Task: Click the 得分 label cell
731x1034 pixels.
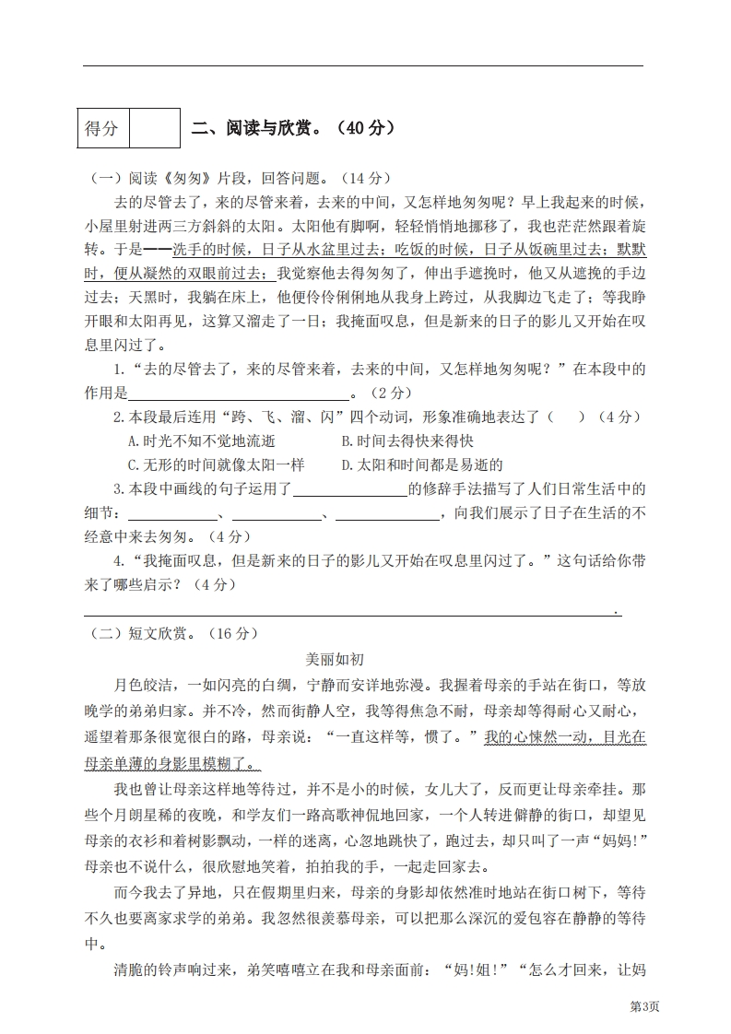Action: [x=102, y=128]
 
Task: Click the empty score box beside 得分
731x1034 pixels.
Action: [x=154, y=128]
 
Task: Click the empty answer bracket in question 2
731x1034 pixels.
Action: [x=566, y=417]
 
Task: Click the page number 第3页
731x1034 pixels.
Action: [x=644, y=1006]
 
